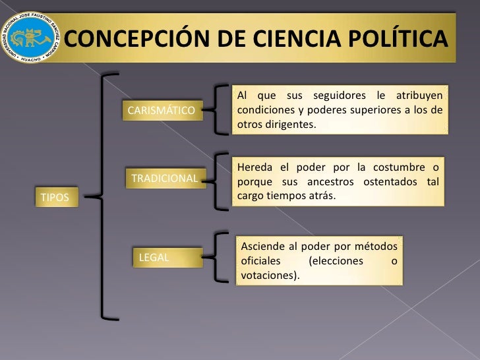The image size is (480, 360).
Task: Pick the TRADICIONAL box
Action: (x=164, y=178)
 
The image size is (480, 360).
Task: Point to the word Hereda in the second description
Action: (x=254, y=166)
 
